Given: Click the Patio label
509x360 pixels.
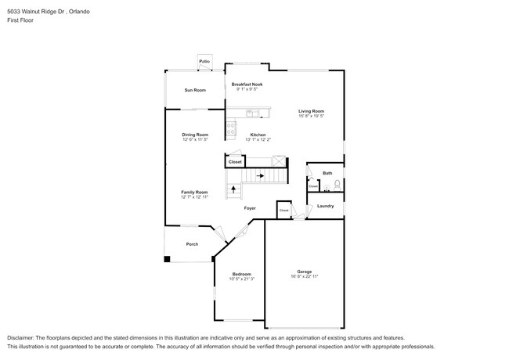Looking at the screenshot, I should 204,61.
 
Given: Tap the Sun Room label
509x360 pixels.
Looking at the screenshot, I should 195,91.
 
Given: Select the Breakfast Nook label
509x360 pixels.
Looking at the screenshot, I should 247,85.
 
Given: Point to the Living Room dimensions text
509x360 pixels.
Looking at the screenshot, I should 311,116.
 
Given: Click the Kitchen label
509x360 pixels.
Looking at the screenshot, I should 258,135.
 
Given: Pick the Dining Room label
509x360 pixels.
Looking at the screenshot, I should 195,135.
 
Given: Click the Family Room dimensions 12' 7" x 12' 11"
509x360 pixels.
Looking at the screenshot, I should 195,197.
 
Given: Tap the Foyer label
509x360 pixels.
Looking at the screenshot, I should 250,208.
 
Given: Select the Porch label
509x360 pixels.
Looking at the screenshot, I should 192,244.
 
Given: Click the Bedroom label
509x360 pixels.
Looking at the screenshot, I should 241,274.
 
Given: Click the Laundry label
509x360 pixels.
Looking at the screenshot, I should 326,206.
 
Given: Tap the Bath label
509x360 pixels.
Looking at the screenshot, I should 327,173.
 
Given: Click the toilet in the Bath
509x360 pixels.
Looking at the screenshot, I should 337,185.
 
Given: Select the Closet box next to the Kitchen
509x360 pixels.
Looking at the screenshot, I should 235,162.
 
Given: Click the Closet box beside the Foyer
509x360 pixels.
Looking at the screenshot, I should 284,211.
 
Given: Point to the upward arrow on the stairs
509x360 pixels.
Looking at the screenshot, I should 233,189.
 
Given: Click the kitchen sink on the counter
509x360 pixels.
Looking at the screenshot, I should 250,114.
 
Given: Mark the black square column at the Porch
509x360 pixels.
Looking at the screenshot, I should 167,260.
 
